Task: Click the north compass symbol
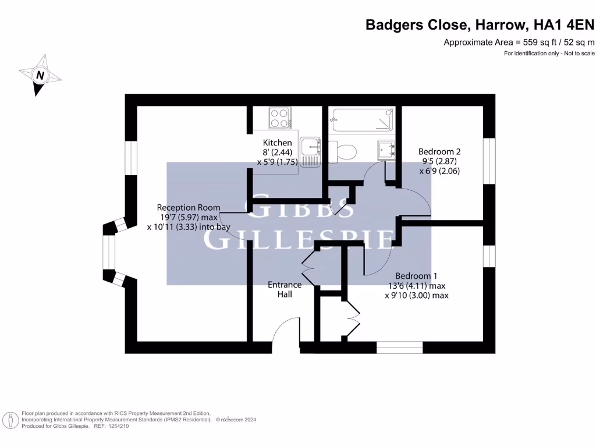tap(40, 74)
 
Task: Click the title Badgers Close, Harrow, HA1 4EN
tap(480, 24)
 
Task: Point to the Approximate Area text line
tap(519, 42)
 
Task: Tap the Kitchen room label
tap(278, 143)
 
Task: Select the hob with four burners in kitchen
tap(280, 118)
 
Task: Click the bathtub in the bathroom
tap(361, 120)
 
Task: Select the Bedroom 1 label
tap(416, 276)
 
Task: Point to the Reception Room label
tap(189, 207)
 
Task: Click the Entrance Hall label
tap(285, 289)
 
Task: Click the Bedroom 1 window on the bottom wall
tap(399, 347)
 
